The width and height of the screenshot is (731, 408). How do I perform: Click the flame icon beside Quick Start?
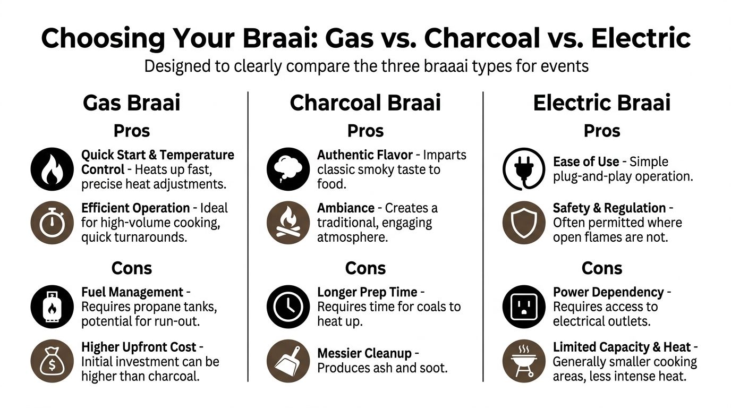52,169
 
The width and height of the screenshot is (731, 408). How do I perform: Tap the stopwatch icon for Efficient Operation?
52,222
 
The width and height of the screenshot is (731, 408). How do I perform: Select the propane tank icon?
52,307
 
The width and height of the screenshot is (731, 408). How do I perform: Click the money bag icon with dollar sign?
52,361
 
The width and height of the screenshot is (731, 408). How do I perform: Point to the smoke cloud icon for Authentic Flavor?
288,169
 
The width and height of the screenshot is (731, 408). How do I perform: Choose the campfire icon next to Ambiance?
288,222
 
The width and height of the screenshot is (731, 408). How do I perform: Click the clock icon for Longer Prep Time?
288,307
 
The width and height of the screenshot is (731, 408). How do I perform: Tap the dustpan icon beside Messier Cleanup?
288,361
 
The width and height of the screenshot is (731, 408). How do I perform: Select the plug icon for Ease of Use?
524,169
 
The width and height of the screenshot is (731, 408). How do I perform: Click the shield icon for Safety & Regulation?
524,222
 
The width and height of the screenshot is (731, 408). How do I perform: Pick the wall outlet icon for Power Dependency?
524,307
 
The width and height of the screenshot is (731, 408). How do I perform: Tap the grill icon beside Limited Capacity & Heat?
524,361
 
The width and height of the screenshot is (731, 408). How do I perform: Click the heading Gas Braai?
132,103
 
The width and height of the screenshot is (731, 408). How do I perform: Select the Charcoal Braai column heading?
365,103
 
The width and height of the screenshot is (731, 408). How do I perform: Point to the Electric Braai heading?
602,103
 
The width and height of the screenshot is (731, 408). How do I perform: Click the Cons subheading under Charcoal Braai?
365,268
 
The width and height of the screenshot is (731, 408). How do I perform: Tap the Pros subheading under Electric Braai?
602,131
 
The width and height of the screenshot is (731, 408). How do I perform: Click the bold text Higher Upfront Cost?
139,347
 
